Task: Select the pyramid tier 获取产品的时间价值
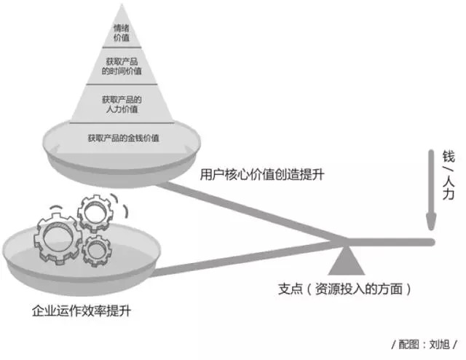click(x=122, y=66)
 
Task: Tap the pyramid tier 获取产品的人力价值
click(x=122, y=103)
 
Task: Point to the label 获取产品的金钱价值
click(x=123, y=138)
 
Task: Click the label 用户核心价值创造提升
click(x=261, y=174)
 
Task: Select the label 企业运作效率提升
click(x=82, y=311)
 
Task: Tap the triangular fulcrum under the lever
click(x=347, y=260)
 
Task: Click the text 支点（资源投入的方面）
click(x=344, y=289)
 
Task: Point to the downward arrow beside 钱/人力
click(x=431, y=189)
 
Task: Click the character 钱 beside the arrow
click(x=449, y=157)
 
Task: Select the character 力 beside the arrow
click(x=449, y=193)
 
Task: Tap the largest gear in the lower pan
click(x=58, y=238)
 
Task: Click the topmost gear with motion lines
click(x=95, y=213)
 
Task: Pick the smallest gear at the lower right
click(x=97, y=251)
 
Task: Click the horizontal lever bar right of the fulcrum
click(x=390, y=242)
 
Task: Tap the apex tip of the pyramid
click(x=122, y=4)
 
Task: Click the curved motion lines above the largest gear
click(x=56, y=207)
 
